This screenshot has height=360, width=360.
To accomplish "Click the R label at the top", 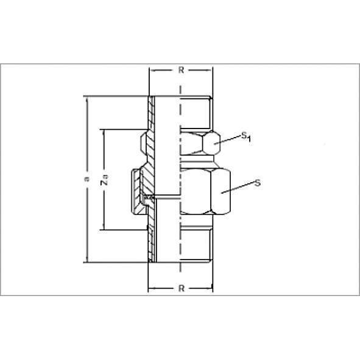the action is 181,70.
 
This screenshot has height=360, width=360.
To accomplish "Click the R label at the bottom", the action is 182,288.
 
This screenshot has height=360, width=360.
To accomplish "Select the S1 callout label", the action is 246,136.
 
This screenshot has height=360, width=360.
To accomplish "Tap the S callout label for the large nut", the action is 258,183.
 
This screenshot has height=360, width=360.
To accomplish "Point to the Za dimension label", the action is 104,179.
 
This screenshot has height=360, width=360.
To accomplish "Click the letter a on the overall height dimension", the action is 86,179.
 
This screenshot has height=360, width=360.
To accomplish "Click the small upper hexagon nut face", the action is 211,142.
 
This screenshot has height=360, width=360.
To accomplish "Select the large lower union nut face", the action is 221,191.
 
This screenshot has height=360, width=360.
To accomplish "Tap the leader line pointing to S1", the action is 228,139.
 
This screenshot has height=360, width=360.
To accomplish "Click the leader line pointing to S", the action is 238,188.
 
